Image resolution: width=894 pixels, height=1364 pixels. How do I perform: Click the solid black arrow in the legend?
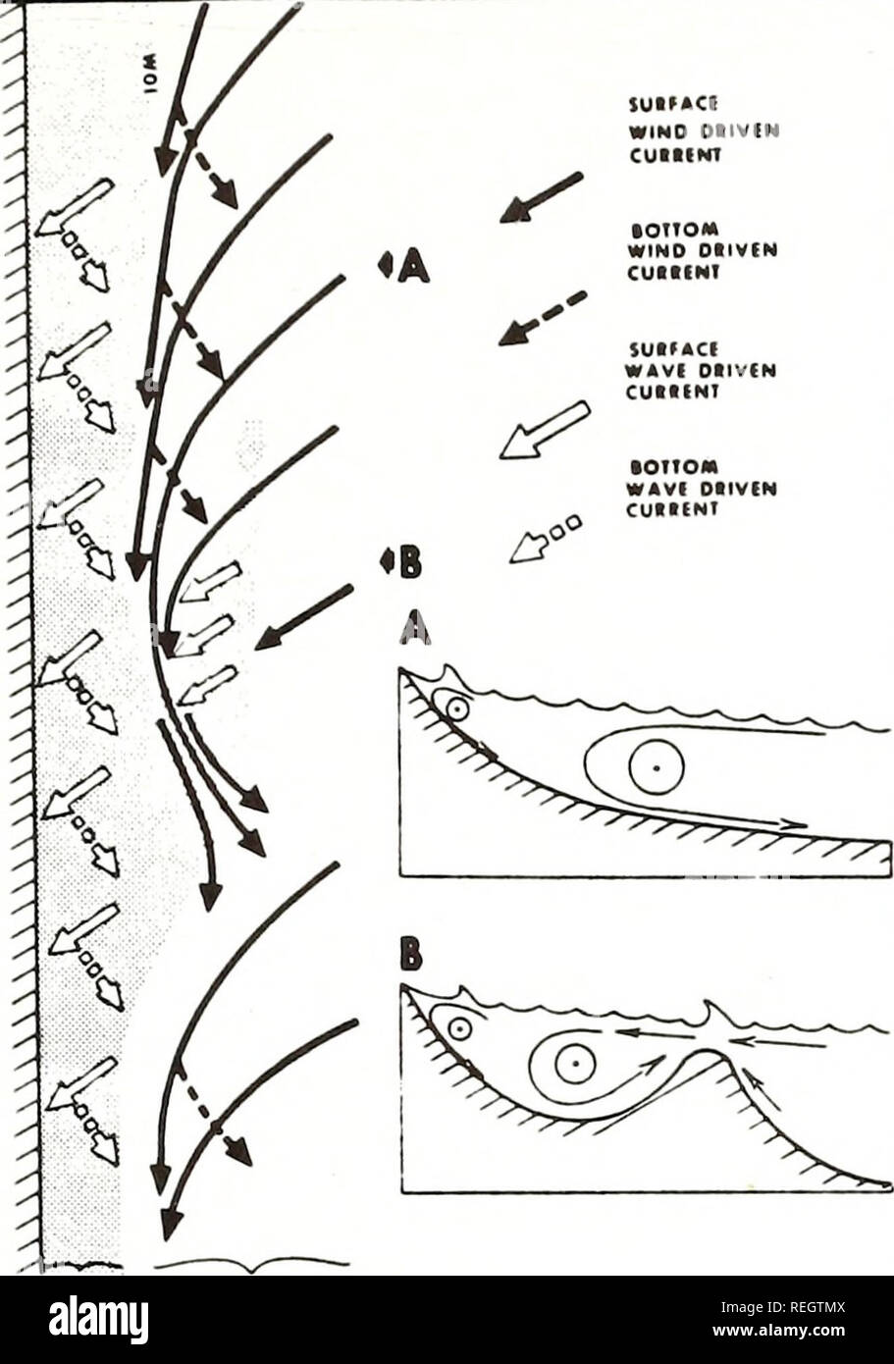click(x=541, y=197)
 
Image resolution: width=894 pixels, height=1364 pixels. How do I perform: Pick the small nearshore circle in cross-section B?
click(x=457, y=1028)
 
